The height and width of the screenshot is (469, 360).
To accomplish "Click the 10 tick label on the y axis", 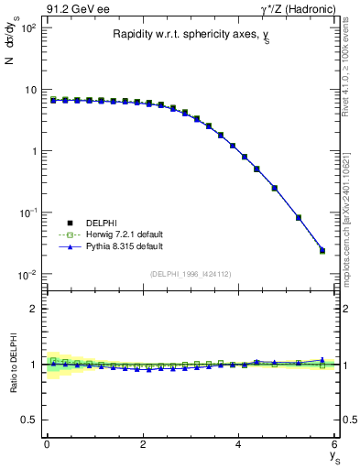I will pyautogui.click(x=29, y=90).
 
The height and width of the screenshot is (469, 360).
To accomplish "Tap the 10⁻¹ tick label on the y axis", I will pyautogui.click(x=26, y=213).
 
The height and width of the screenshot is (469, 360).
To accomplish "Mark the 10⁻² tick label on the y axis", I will pyautogui.click(x=26, y=274).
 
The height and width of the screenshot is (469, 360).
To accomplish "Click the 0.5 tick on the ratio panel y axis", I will pyautogui.click(x=30, y=420).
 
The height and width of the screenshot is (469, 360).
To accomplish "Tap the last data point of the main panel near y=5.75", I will pyautogui.click(x=322, y=250).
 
